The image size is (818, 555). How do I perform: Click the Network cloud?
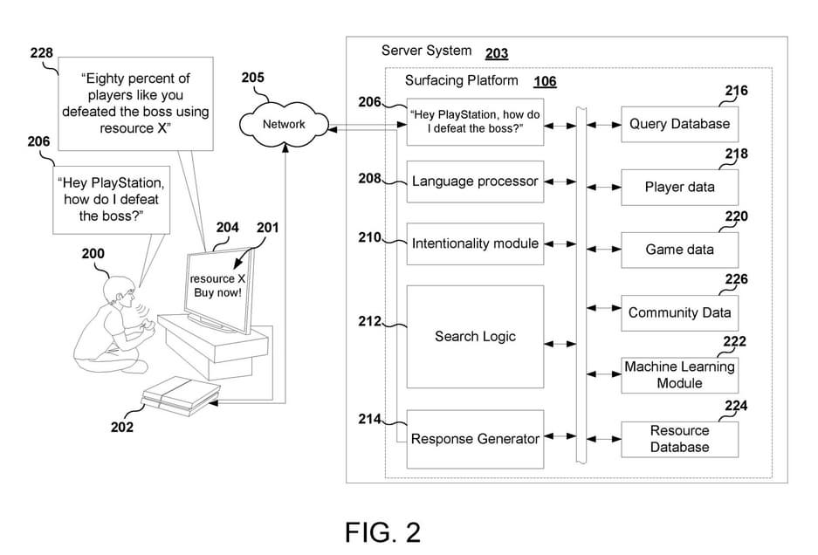(284, 125)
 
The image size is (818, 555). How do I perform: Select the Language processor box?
(475, 182)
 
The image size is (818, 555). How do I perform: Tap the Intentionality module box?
(475, 243)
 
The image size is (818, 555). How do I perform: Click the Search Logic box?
(475, 336)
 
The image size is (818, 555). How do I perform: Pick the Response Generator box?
(475, 439)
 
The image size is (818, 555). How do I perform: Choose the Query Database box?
(679, 124)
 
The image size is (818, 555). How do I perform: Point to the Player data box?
(679, 187)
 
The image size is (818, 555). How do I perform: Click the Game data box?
(679, 250)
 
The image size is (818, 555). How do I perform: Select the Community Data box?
(679, 312)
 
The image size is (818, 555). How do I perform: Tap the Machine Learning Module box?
(679, 375)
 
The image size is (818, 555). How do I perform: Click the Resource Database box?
(679, 439)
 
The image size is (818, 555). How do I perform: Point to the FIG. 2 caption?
(382, 531)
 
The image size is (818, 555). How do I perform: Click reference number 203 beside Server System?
(496, 54)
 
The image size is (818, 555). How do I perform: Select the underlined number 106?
(545, 82)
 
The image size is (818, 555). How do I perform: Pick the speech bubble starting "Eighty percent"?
(135, 104)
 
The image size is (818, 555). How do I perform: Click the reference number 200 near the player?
(93, 254)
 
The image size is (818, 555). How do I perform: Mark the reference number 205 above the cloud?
(252, 78)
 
